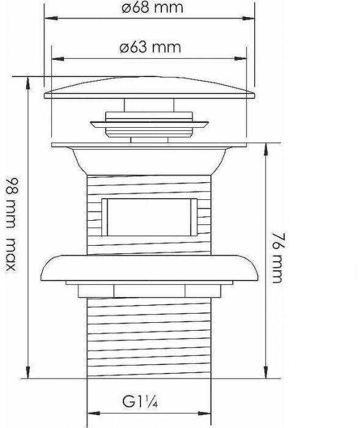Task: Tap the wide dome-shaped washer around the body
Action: (150, 267)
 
